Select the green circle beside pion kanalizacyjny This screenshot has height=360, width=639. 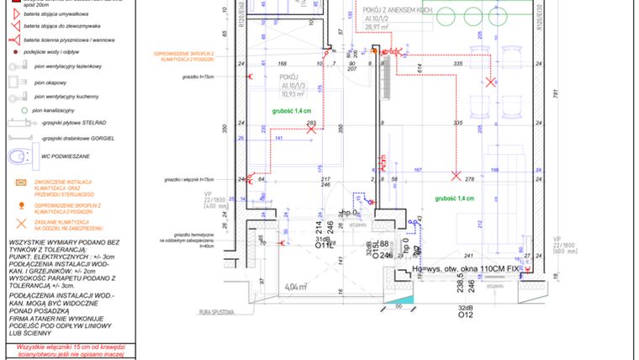[23, 110]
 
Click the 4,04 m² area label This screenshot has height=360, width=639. [296, 287]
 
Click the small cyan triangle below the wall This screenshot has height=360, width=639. [404, 299]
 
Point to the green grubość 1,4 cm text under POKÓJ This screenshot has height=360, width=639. [290, 110]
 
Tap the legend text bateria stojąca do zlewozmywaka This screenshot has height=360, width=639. [66, 26]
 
